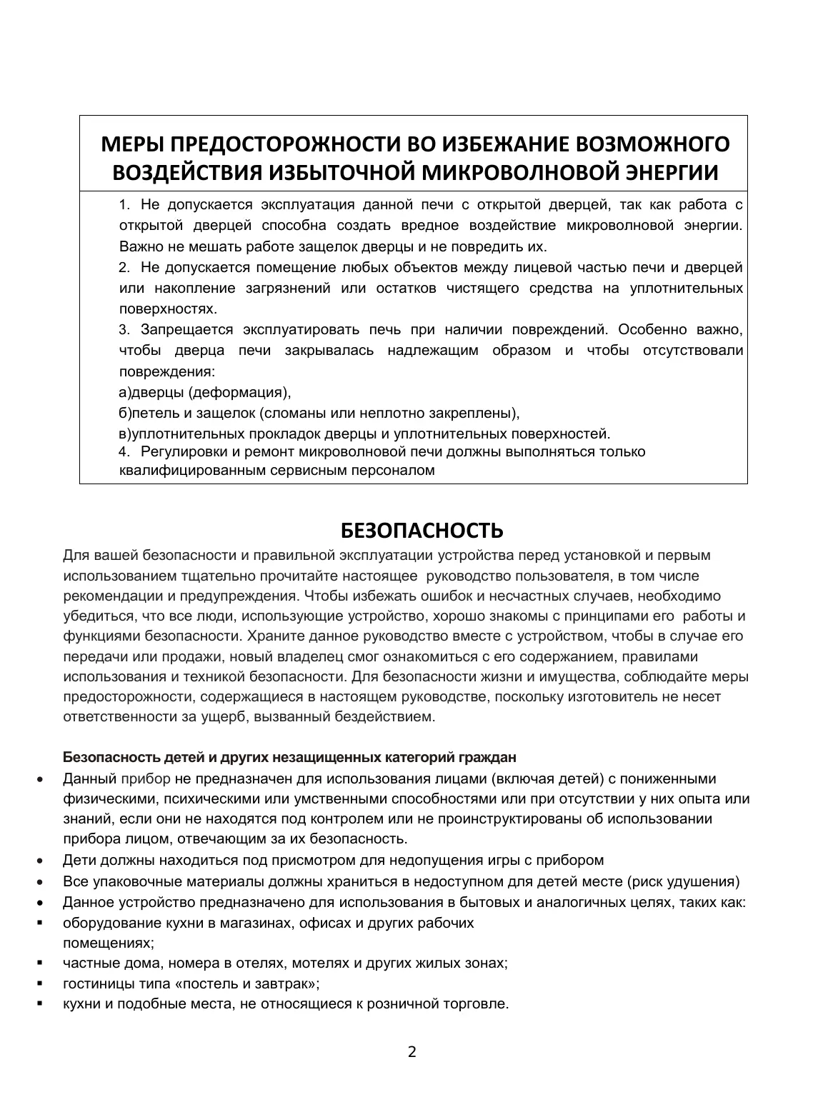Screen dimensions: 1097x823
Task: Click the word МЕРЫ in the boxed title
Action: point(132,144)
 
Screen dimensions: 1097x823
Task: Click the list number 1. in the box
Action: point(125,205)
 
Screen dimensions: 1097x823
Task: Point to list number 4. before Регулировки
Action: point(125,451)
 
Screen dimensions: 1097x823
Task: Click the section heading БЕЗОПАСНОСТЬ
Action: point(411,531)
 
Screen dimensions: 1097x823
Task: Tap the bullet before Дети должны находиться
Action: point(40,861)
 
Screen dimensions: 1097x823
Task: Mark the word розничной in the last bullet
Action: point(394,1003)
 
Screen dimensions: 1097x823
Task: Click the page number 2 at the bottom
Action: point(411,1051)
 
